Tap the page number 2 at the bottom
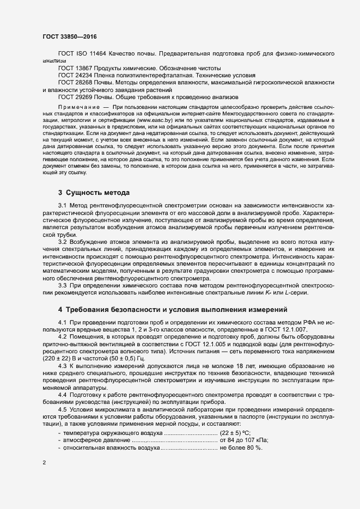[44, 463]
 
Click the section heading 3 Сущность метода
[93, 193]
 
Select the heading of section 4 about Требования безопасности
[173, 310]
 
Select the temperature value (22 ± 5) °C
[235, 432]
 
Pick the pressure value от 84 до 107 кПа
[244, 439]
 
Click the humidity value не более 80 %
[241, 447]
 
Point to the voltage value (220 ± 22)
[60, 360]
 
